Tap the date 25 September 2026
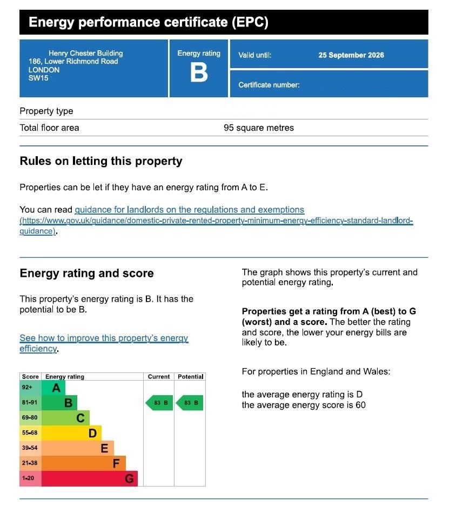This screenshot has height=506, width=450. point(351,55)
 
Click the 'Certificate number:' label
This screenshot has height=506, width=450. point(269,85)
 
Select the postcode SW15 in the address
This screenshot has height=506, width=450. point(38,78)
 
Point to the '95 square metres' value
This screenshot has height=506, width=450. point(259,128)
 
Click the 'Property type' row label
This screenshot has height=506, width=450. point(46,111)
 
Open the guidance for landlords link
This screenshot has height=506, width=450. point(189,210)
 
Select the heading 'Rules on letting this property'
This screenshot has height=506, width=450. point(101,161)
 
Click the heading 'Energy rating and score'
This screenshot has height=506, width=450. point(86,274)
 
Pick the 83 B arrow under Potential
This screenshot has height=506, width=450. point(190,403)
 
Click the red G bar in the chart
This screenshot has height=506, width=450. point(89,478)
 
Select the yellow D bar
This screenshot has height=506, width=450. point(71,433)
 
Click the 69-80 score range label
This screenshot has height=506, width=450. point(30,418)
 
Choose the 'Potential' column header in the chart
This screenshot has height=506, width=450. point(190,377)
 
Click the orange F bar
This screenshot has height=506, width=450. point(83,463)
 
